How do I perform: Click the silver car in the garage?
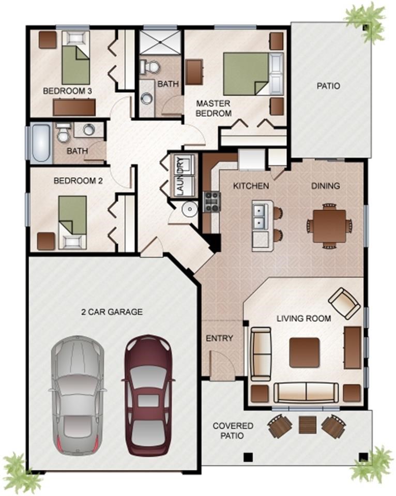click(77, 396)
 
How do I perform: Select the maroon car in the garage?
click(148, 395)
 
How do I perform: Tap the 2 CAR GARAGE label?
click(112, 312)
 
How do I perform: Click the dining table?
click(330, 226)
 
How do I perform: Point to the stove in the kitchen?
click(212, 202)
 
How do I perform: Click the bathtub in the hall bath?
click(41, 143)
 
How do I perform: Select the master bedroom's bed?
click(253, 74)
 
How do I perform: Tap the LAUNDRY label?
click(181, 177)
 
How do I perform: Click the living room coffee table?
click(304, 352)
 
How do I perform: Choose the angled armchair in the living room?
click(344, 303)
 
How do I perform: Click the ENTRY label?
click(219, 338)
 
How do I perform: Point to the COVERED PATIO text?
click(233, 430)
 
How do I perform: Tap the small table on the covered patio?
click(308, 425)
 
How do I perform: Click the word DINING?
click(325, 185)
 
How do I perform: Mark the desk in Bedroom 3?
click(74, 107)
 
